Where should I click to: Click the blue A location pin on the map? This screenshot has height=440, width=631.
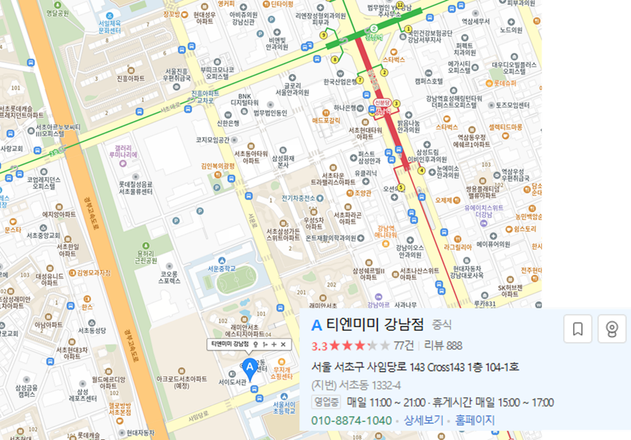[250, 368]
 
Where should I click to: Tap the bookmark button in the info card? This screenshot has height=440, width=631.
[577, 329]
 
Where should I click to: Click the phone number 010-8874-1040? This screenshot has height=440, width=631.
[352, 421]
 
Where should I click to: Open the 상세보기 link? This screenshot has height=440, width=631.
[424, 421]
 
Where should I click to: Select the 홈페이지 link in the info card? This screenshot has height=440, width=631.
[475, 421]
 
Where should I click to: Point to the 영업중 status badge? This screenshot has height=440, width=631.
[327, 402]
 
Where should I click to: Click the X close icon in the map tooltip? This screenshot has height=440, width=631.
[283, 345]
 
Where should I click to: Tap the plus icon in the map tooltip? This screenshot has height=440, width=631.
[274, 345]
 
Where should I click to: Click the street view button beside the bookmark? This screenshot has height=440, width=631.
[611, 329]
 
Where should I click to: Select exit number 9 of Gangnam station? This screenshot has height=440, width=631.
[324, 35]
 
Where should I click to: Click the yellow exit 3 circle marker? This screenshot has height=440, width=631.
[397, 103]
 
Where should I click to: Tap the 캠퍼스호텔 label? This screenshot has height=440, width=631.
[428, 81]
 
